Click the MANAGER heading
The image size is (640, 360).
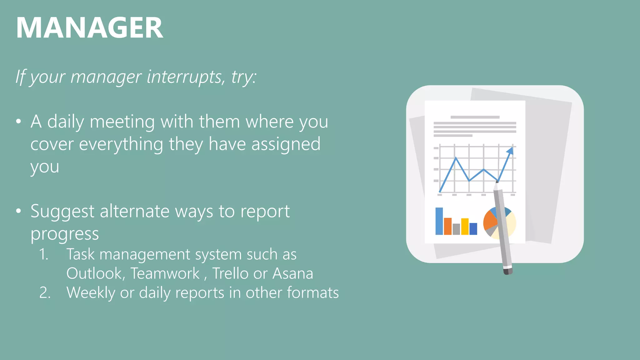[89, 28]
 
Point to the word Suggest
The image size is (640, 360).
[62, 212]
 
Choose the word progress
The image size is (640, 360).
[65, 234]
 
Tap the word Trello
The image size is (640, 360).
[231, 273]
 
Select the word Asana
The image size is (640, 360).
[293, 273]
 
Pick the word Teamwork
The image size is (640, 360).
[165, 273]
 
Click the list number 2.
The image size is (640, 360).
[45, 293]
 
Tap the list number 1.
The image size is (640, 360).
[44, 254]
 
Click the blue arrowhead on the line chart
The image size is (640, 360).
[510, 151]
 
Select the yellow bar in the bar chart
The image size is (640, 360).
[465, 226]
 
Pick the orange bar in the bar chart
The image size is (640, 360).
[447, 226]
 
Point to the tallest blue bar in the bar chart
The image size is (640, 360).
[439, 221]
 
